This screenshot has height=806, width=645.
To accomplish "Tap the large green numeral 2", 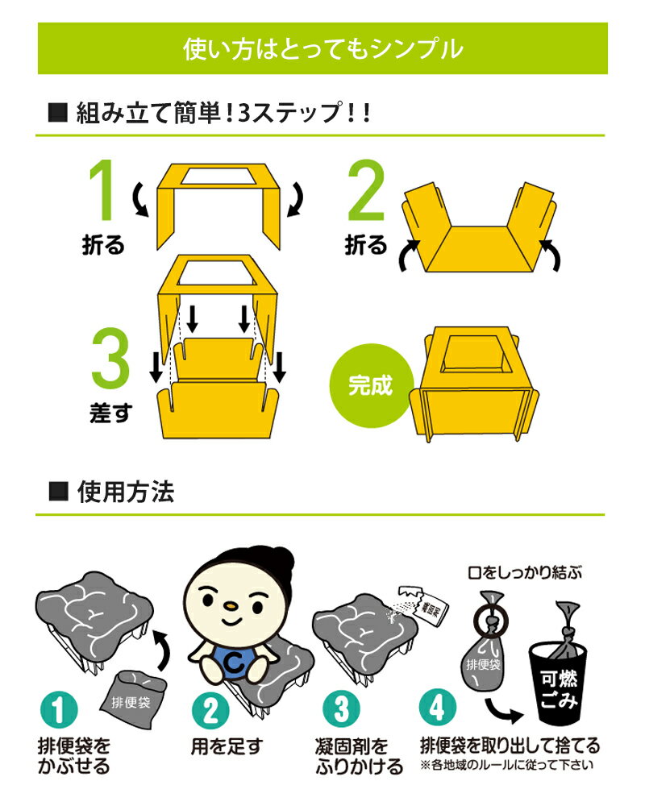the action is pyautogui.click(x=366, y=190).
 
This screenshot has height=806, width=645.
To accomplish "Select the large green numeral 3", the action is pyautogui.click(x=110, y=359).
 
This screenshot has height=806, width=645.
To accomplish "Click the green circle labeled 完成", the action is pyautogui.click(x=372, y=385).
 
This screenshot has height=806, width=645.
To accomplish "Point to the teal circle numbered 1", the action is pyautogui.click(x=59, y=710).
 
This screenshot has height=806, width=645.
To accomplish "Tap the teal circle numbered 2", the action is pyautogui.click(x=211, y=711).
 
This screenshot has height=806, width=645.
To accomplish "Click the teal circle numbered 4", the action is pyautogui.click(x=438, y=707).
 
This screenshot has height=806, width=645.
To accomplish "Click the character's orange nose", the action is pyautogui.click(x=232, y=606).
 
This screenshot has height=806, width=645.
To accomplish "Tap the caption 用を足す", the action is pyautogui.click(x=227, y=746).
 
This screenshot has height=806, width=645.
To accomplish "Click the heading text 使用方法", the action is pyautogui.click(x=126, y=492).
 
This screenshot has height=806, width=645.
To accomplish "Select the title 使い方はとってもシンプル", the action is pyautogui.click(x=323, y=49).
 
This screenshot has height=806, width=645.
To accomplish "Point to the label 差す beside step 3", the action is pyautogui.click(x=111, y=413).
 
